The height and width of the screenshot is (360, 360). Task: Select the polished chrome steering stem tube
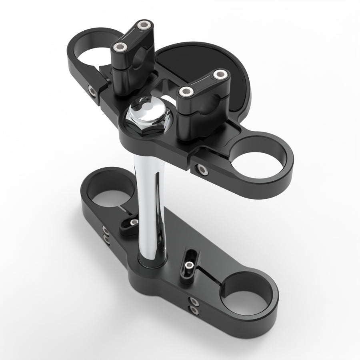[150, 208]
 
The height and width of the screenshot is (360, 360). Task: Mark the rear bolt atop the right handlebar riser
[220, 74]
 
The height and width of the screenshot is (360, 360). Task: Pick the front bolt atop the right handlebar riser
[186, 92]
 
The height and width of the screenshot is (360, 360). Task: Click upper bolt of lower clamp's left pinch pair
[106, 230]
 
